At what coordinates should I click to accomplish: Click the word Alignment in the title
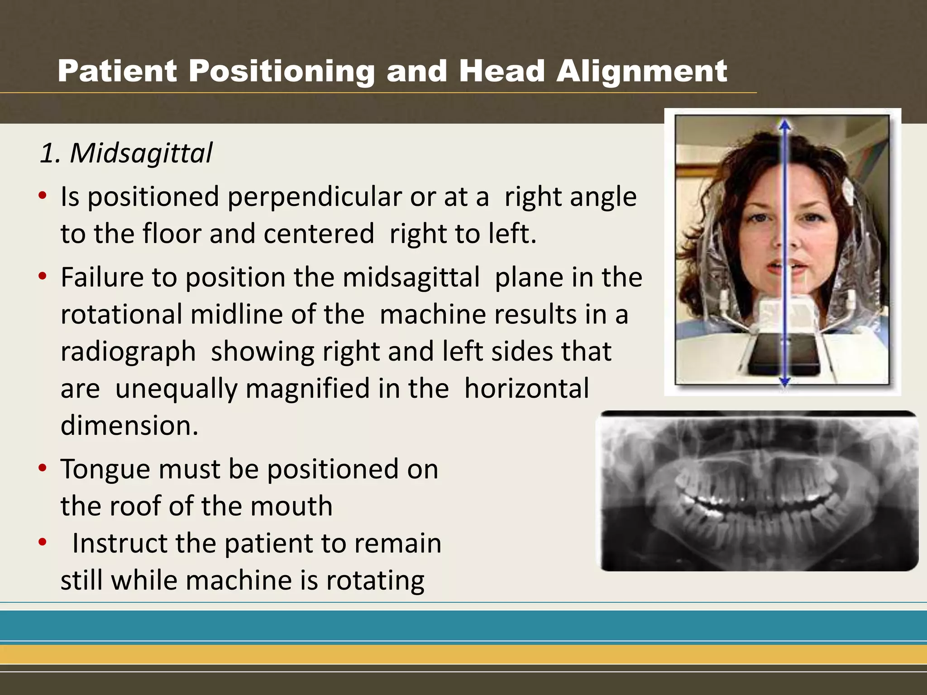point(641,71)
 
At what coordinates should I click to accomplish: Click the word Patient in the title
point(117,71)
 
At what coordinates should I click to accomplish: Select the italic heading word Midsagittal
point(141,153)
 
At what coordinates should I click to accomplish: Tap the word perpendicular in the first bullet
point(314,197)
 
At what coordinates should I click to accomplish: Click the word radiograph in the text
point(128,352)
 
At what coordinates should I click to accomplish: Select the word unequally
point(176,389)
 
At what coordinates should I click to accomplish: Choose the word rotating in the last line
point(375,580)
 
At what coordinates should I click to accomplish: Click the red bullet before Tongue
point(43,468)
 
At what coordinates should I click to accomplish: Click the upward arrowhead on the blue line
point(785,125)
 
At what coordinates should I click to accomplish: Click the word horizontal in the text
point(526,389)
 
